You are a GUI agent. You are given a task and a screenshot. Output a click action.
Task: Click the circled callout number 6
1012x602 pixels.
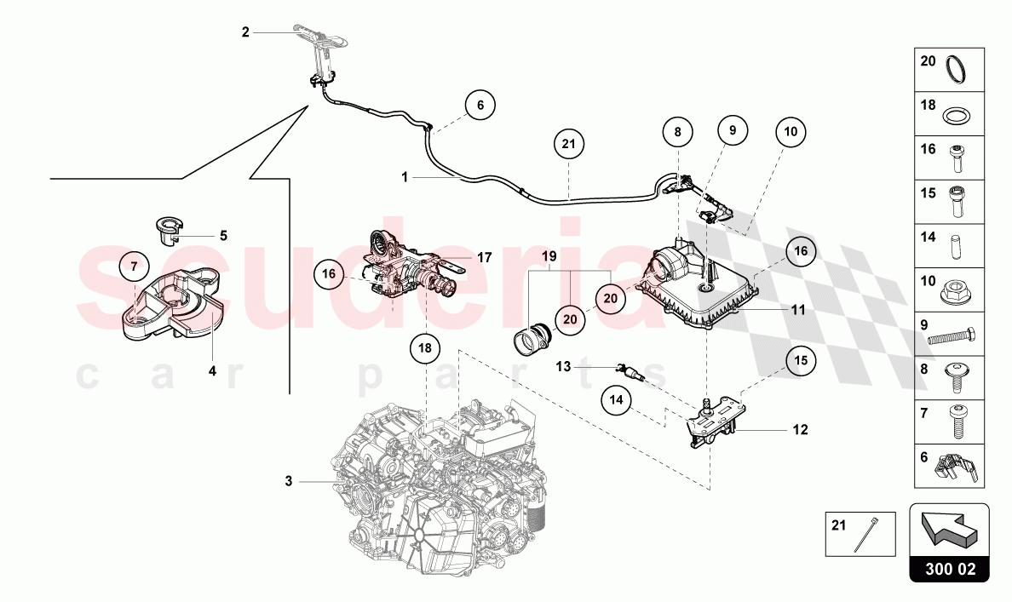tap(480, 106)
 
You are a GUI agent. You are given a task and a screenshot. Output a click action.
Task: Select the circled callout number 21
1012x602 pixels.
tap(569, 145)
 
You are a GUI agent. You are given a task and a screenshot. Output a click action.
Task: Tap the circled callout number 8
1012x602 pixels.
tap(678, 133)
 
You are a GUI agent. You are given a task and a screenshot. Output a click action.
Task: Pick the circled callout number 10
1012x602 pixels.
tap(791, 132)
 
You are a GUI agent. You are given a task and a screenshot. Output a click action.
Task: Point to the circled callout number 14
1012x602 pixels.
tap(618, 398)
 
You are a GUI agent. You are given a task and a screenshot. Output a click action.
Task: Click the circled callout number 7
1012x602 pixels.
tap(134, 267)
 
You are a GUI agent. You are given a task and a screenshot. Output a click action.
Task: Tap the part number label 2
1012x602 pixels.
tap(245, 32)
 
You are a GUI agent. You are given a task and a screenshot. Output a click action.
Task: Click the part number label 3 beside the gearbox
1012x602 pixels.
tap(289, 482)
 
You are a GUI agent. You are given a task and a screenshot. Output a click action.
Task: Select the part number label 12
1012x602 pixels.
tap(800, 430)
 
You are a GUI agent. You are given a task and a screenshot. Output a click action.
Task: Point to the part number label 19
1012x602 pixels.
tap(549, 255)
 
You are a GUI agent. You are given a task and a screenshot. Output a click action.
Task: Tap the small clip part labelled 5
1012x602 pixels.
tap(173, 227)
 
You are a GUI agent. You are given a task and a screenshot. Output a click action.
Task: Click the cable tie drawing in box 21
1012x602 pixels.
tap(871, 534)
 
